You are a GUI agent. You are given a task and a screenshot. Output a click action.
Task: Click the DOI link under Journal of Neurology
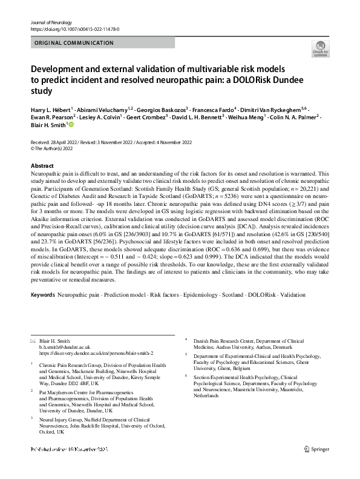(x=75, y=29)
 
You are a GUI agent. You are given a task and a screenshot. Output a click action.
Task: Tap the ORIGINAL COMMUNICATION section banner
(x=74, y=43)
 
